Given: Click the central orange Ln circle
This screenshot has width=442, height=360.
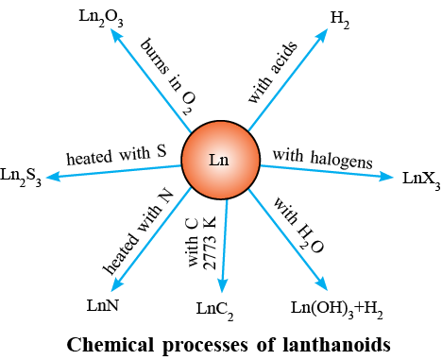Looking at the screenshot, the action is [221, 160].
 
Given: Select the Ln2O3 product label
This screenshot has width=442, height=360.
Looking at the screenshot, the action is [101, 18].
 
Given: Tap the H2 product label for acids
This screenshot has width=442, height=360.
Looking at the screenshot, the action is [340, 20].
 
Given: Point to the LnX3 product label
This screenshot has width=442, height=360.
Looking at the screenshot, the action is [421, 180].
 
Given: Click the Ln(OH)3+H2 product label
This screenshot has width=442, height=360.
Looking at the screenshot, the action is [336, 309].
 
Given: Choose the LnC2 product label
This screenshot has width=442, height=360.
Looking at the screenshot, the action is [214, 311].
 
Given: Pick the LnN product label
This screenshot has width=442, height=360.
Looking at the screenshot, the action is [103, 305].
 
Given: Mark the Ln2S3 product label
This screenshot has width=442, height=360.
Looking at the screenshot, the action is [21, 177].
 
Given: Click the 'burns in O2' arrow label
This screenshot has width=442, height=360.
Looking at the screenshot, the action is [168, 77].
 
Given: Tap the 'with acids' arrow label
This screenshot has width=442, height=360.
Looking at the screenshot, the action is [273, 72].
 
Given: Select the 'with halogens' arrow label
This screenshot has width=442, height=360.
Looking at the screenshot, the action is [322, 159].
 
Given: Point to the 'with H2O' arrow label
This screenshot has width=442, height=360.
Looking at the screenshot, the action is [297, 225].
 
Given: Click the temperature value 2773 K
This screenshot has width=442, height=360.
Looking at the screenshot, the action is [210, 243].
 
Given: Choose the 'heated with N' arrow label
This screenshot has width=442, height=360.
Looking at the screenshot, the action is [138, 231].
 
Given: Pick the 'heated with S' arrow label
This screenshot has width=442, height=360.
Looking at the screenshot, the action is [116, 155].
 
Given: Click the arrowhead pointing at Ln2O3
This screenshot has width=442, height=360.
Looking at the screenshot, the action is [115, 34].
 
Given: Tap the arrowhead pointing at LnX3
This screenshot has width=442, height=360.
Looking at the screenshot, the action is [386, 177].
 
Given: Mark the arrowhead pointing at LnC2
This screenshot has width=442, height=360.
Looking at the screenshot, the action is [223, 285].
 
